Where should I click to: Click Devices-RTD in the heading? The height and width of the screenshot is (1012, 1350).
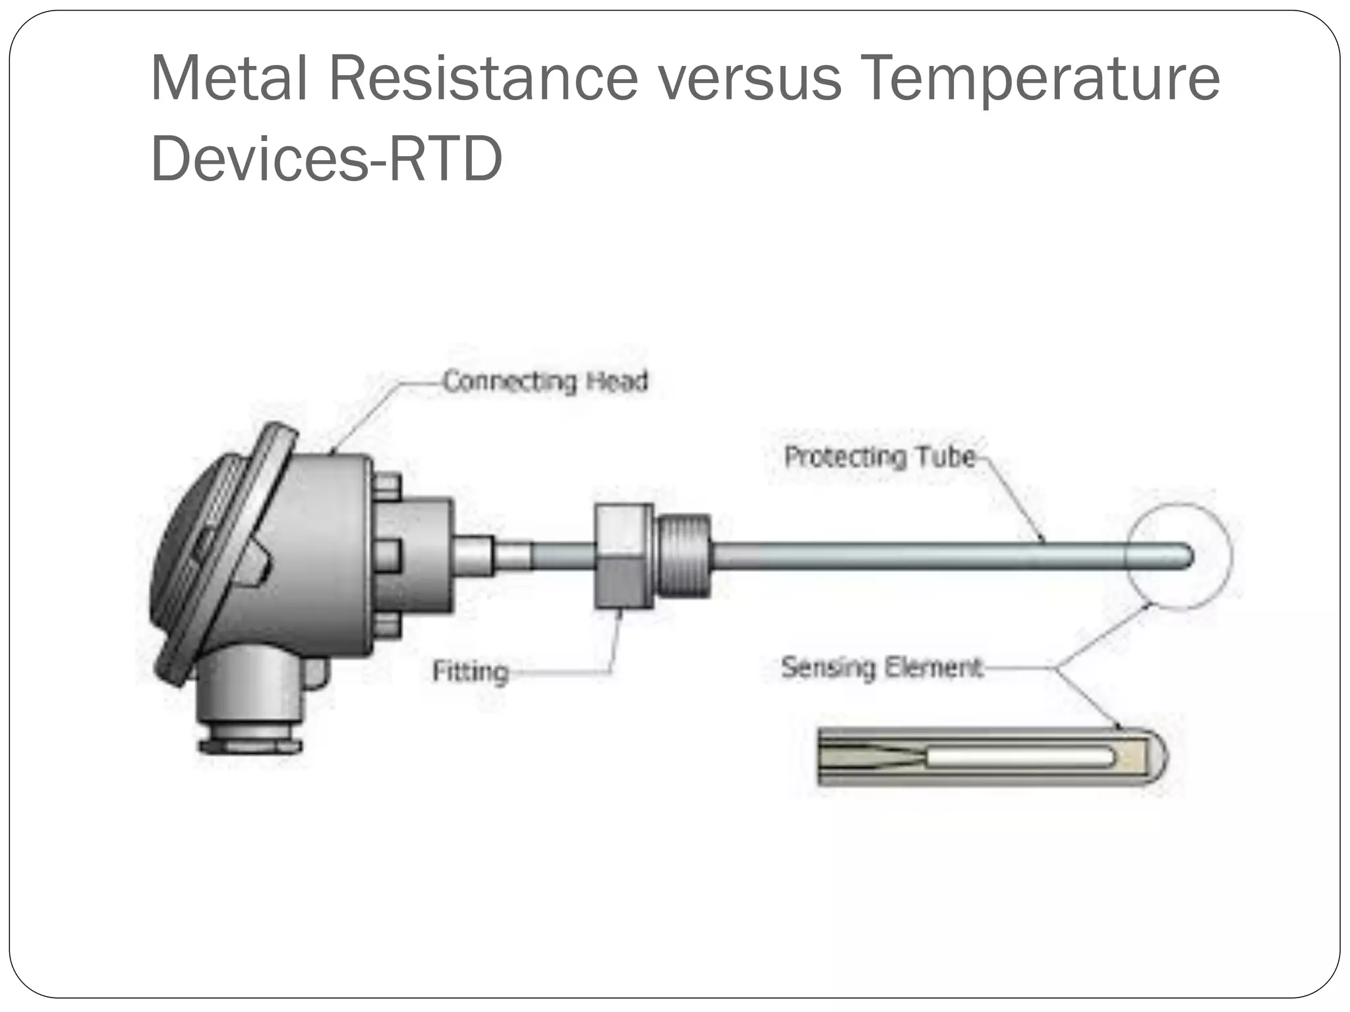click(x=326, y=159)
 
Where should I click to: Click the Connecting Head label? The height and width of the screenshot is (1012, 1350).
click(x=545, y=381)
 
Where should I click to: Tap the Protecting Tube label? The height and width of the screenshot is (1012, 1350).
click(x=880, y=457)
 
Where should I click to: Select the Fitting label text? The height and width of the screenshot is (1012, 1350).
click(x=471, y=671)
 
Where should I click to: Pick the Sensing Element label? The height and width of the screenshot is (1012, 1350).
click(x=882, y=667)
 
